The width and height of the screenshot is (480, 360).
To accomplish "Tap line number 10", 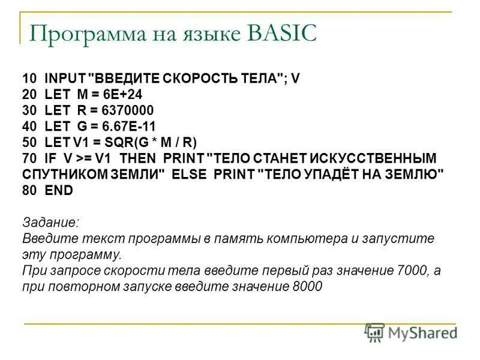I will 29,78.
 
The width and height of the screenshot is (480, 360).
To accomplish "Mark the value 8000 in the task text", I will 308,287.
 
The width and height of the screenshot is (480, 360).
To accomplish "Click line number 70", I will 29,158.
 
